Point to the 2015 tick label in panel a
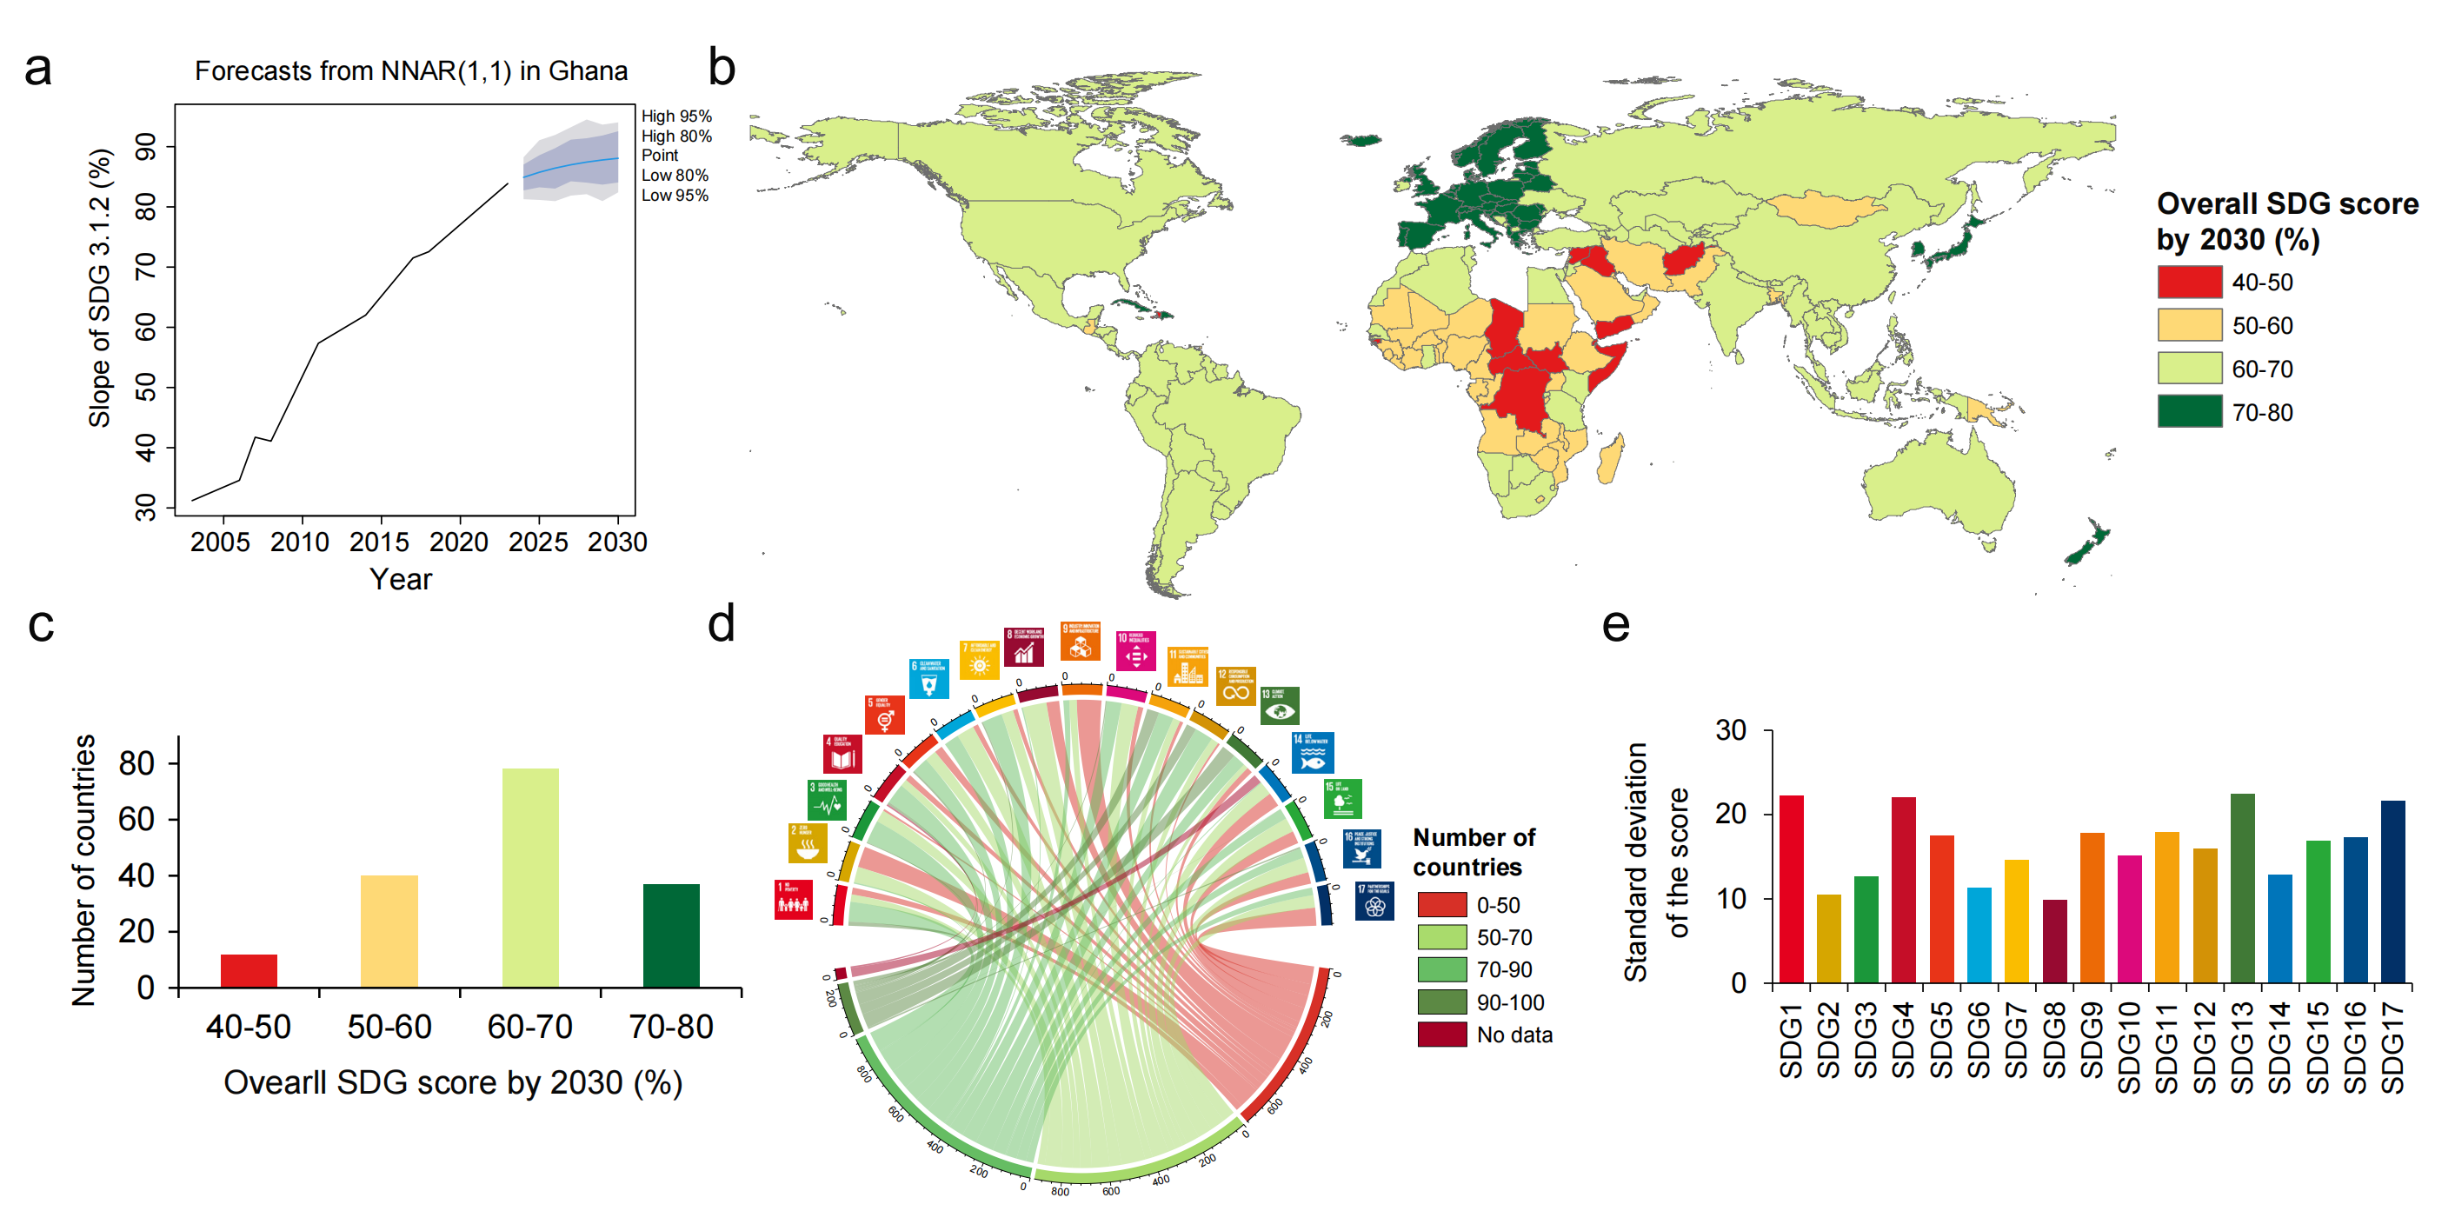(x=379, y=542)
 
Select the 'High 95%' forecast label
(x=675, y=116)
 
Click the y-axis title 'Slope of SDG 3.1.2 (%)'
(x=100, y=288)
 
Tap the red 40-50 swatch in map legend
(x=2189, y=282)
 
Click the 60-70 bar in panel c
(x=530, y=876)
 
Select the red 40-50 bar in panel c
(x=249, y=969)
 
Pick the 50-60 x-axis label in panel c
(x=389, y=1027)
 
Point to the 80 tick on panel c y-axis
(x=136, y=763)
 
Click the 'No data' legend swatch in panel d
(x=1441, y=1035)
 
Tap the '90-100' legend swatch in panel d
(x=1441, y=1002)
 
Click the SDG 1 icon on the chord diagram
(x=793, y=900)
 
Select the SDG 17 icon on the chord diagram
(x=1374, y=902)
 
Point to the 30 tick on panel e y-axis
(x=1731, y=731)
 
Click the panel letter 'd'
(x=722, y=624)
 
